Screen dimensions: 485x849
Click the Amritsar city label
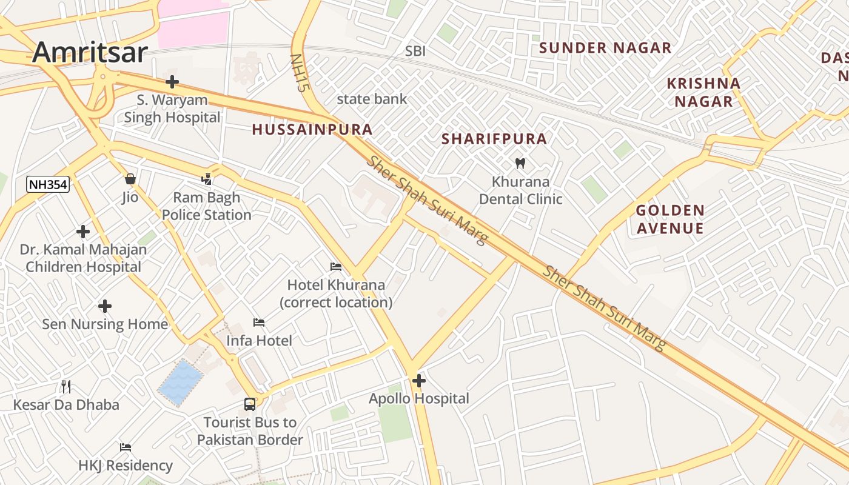[x=90, y=52]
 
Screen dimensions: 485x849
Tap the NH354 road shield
[x=49, y=184]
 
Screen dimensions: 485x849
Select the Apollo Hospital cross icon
[x=418, y=381]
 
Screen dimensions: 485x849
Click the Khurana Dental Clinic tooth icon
[x=520, y=163]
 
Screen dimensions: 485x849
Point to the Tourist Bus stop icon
[x=249, y=404]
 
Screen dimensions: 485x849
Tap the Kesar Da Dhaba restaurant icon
[x=66, y=386]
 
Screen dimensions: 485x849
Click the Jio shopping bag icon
[x=130, y=179]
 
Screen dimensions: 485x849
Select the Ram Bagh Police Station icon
[x=207, y=179]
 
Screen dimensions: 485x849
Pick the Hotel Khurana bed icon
[x=336, y=267]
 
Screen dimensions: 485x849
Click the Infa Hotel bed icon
[x=259, y=323]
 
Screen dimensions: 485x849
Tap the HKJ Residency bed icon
[x=126, y=447]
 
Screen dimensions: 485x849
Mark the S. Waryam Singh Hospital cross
[x=172, y=81]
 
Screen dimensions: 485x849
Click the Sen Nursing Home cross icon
[x=105, y=306]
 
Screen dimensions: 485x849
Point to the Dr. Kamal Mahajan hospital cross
[x=83, y=232]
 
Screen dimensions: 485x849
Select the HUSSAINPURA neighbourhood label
[x=312, y=130]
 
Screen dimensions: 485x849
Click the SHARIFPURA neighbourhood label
[x=494, y=139]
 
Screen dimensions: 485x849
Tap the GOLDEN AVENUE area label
[x=670, y=219]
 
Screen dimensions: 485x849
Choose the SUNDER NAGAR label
[x=605, y=48]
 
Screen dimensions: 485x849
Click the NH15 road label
[x=297, y=73]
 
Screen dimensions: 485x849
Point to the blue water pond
[x=181, y=383]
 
